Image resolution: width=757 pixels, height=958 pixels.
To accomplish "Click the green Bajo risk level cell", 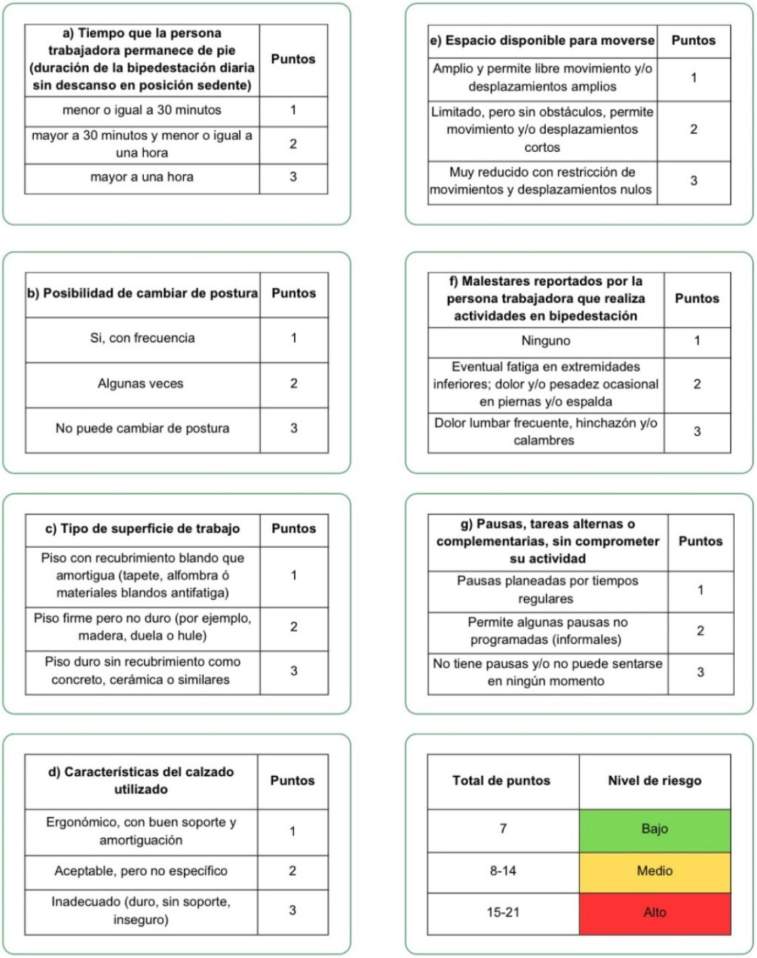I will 654,830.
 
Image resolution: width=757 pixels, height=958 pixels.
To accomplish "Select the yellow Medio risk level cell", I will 654,871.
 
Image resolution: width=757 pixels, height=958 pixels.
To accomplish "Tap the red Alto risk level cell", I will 654,912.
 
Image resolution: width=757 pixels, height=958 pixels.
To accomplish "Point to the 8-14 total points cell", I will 502,871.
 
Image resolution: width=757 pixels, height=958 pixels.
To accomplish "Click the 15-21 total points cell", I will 502,912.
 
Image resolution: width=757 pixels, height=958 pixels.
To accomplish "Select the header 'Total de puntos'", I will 501,781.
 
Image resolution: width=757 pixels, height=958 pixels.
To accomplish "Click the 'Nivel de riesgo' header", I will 654,781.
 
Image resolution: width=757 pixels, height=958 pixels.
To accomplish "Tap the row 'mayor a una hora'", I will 141,177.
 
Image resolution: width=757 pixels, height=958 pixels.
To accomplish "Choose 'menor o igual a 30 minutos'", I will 141,110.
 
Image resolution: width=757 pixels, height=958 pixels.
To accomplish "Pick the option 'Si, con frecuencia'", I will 142,338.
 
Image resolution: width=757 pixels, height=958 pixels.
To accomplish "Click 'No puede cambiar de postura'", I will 142,428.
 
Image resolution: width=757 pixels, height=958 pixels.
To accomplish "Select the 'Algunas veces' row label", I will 141,384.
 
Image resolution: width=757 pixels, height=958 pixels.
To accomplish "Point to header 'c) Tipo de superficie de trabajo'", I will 142,528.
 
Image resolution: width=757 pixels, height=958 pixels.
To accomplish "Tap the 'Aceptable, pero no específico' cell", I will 141,871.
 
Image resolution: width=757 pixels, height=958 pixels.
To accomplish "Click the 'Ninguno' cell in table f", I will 545,341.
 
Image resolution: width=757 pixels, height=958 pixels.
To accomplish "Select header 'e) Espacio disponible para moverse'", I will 542,41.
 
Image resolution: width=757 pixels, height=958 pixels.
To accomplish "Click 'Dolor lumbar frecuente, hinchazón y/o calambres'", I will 545,432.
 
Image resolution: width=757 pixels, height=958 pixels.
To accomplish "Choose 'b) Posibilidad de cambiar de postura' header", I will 142,293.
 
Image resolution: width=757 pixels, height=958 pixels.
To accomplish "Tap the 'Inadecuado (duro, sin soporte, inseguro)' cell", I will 141,911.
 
